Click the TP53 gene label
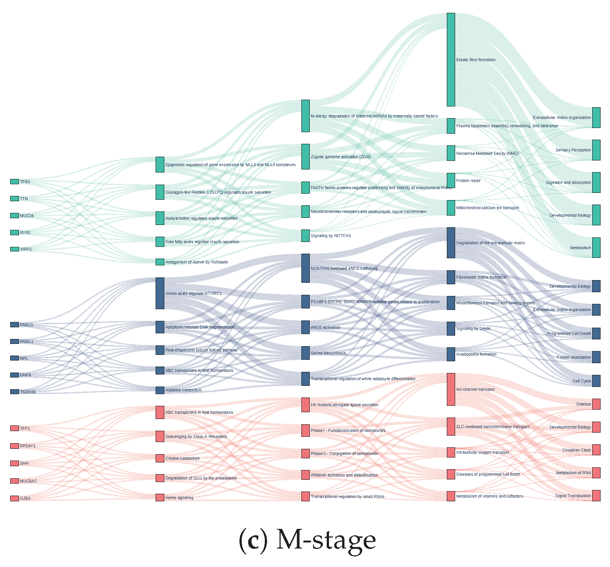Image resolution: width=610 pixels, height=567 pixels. [x=25, y=182]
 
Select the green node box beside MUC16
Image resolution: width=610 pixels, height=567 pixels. [x=14, y=216]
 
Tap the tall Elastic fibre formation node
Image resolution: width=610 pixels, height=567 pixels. [x=451, y=60]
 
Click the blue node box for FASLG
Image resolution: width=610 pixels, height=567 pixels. [x=14, y=325]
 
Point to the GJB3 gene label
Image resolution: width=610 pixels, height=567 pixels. [x=25, y=498]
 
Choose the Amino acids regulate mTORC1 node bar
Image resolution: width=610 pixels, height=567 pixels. [x=160, y=293]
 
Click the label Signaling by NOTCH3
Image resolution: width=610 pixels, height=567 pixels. [x=331, y=236]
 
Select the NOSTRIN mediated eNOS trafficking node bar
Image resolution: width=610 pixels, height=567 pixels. [x=306, y=268]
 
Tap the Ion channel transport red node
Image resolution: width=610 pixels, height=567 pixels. [x=451, y=389]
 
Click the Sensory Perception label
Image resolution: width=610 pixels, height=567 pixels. [x=573, y=150]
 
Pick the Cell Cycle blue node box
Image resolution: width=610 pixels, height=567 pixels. [x=596, y=381]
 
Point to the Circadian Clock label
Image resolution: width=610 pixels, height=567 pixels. [x=576, y=450]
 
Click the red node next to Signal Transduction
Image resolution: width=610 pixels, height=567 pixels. [x=596, y=496]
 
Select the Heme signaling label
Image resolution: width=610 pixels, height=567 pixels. [x=179, y=498]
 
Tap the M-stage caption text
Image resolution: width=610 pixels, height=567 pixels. [x=307, y=540]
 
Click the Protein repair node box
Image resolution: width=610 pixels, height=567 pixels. [x=451, y=180]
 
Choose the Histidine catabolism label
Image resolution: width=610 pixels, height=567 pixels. [x=184, y=390]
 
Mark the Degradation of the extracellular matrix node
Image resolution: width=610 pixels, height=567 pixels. [x=451, y=243]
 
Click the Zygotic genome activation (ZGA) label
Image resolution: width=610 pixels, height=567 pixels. [x=341, y=157]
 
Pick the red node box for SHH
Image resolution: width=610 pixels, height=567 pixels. [x=14, y=463]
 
